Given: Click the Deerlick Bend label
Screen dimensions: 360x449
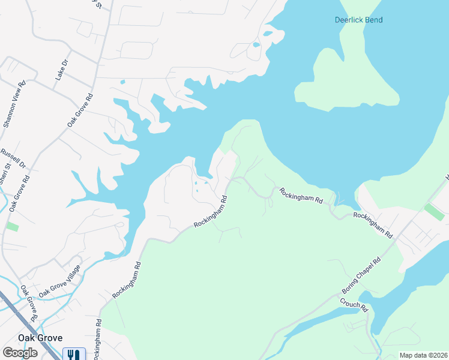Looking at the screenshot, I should (x=358, y=20).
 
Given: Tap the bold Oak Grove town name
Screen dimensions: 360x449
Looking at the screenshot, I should (x=40, y=338).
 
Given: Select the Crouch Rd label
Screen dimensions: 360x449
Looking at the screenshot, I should (x=354, y=305).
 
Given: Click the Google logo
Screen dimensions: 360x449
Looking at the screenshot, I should (x=20, y=353).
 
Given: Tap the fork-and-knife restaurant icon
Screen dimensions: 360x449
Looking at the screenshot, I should (x=74, y=355).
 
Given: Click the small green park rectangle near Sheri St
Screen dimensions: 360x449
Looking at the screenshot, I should (x=12, y=227).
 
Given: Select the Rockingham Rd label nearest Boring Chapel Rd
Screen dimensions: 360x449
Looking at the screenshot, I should (x=372, y=224).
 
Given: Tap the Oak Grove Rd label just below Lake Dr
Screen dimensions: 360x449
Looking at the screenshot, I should (x=81, y=109).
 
